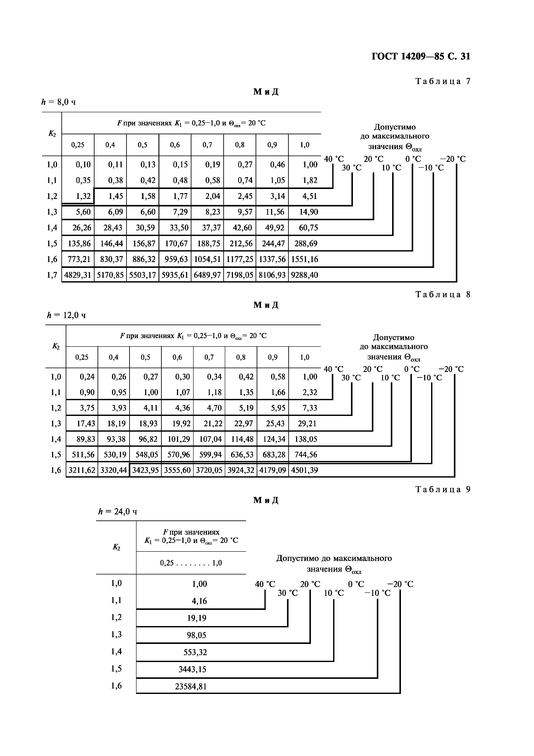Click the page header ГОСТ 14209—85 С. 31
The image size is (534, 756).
point(421,57)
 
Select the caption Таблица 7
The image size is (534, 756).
point(443,81)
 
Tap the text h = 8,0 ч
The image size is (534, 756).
point(58,102)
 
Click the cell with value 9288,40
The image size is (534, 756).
point(305,275)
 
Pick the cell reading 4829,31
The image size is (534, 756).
point(78,275)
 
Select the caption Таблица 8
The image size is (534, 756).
point(443,294)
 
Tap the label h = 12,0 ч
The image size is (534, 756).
point(66,316)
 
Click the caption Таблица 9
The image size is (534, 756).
point(443,490)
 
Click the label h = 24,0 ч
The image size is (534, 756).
point(118,512)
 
